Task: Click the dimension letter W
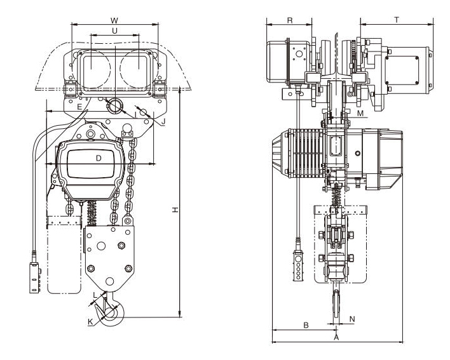click(x=114, y=19)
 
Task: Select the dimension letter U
click(x=114, y=30)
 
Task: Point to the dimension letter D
click(x=99, y=157)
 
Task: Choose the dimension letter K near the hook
click(x=91, y=322)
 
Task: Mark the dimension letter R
click(x=290, y=20)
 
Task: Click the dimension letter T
click(x=396, y=20)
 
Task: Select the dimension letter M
click(x=360, y=113)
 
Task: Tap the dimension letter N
click(x=351, y=318)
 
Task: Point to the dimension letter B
click(x=305, y=325)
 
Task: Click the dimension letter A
click(x=337, y=338)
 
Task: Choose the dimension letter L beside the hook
click(x=95, y=295)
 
